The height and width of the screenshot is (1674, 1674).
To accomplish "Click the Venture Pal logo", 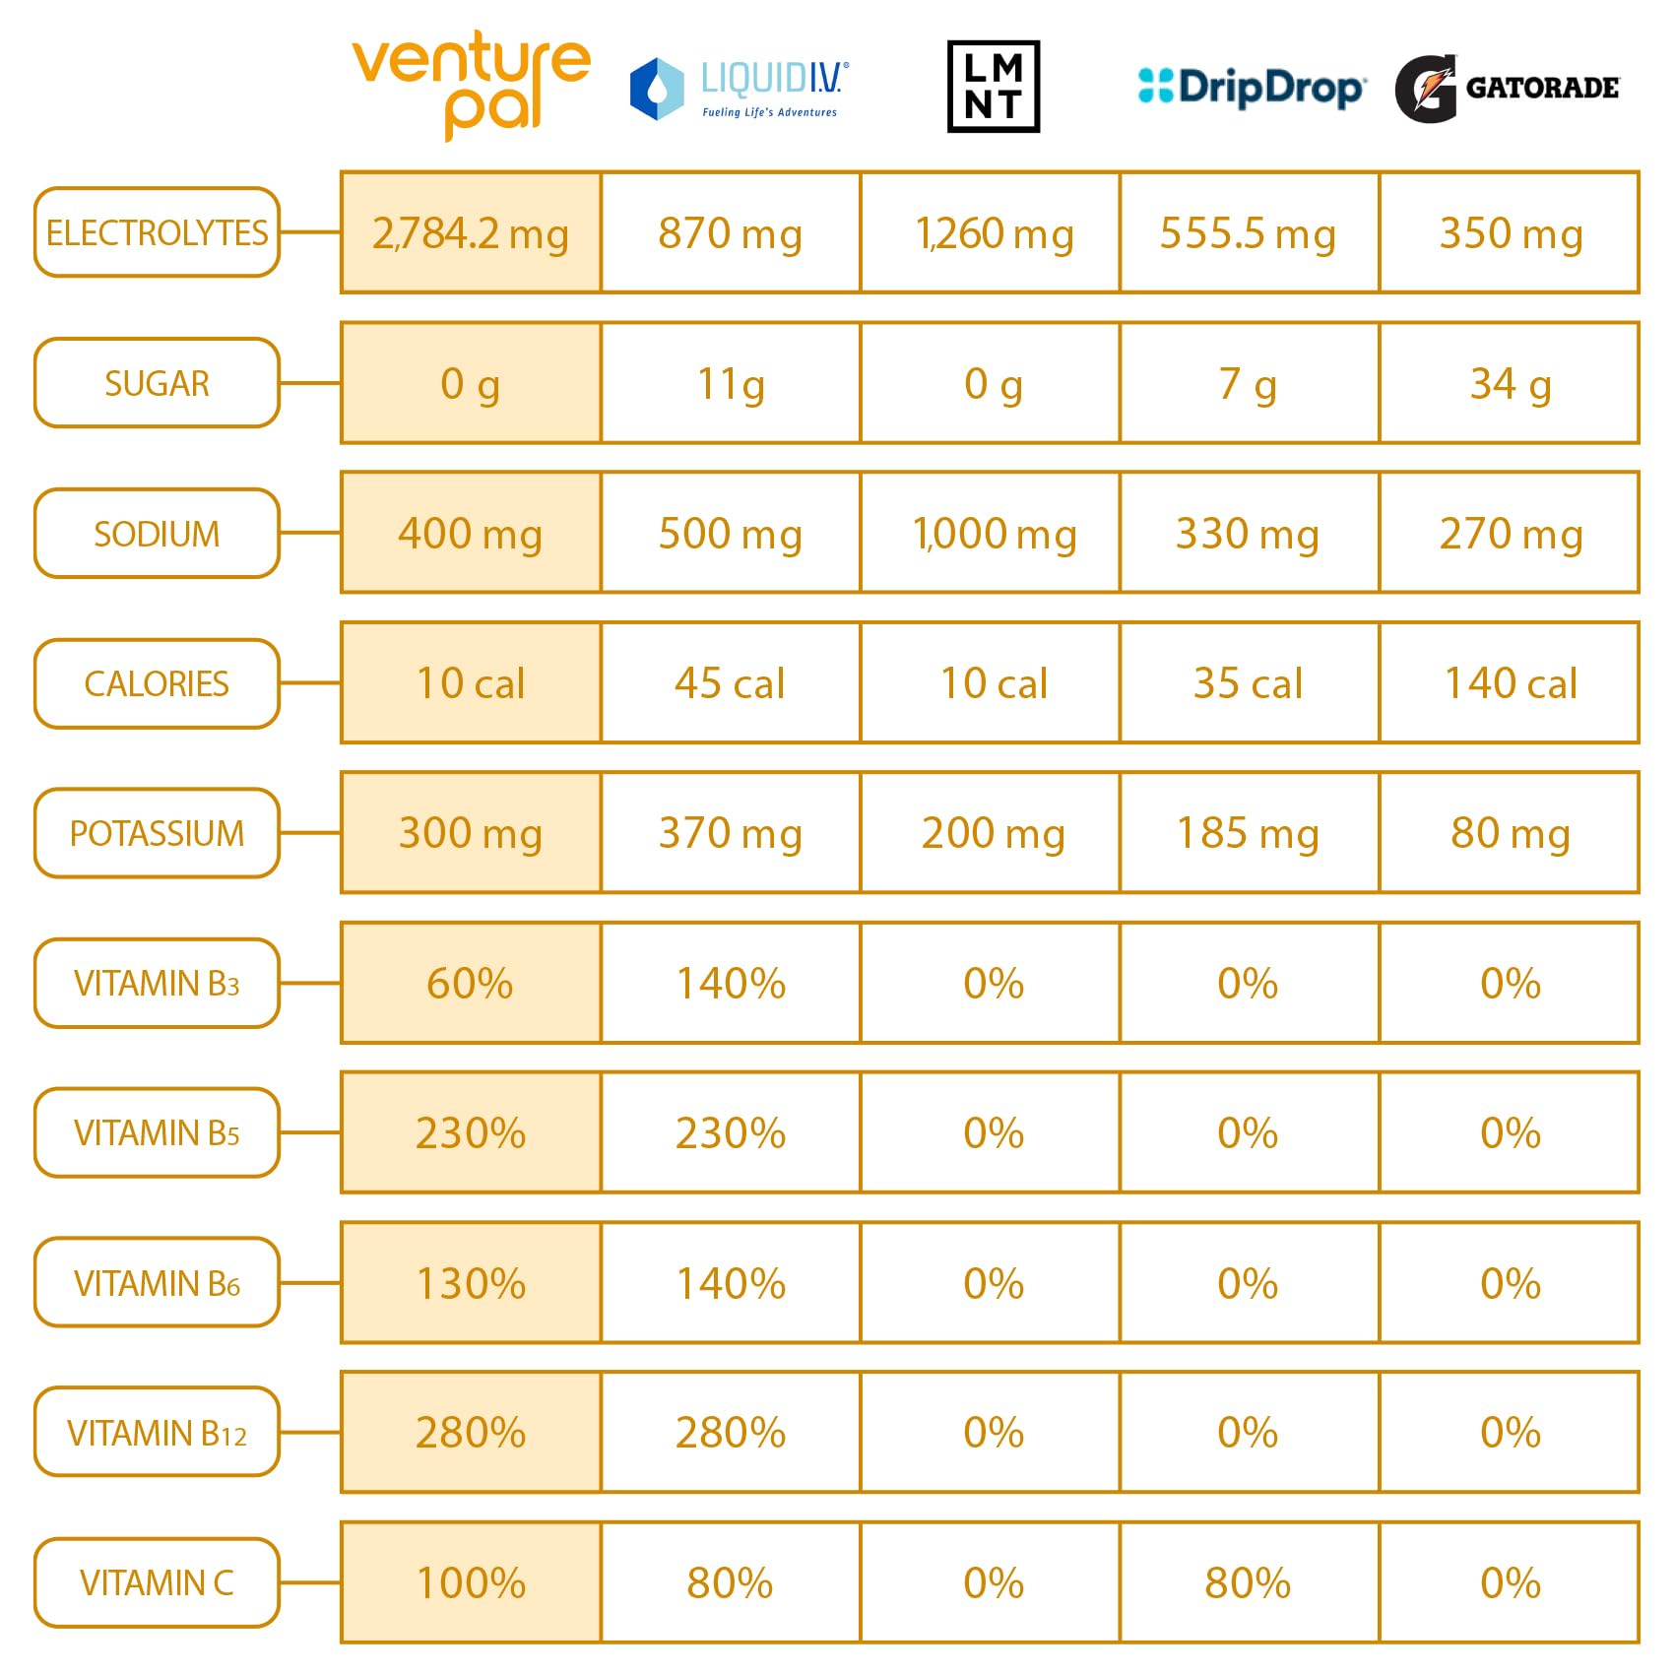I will [471, 85].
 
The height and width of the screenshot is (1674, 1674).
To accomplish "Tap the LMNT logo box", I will [993, 87].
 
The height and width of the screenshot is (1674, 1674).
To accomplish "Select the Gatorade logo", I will [1507, 89].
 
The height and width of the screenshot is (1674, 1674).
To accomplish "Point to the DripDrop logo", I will [1251, 87].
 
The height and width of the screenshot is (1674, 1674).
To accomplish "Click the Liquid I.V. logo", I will [740, 89].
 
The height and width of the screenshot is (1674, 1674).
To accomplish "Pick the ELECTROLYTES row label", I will [157, 232].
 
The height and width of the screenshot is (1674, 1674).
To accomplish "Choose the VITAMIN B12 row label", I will [157, 1432].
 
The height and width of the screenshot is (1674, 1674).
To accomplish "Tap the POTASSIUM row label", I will [157, 833].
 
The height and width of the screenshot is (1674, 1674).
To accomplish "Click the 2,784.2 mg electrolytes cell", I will [471, 233].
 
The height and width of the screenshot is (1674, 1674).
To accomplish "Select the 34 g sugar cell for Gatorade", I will [1510, 383].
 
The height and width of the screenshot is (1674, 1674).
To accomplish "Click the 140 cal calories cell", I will [1510, 682].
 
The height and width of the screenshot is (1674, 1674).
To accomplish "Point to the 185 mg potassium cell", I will [1249, 833].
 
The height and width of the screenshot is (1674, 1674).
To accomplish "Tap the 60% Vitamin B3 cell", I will [471, 983].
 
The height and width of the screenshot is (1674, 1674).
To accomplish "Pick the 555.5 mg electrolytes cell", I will [1249, 233].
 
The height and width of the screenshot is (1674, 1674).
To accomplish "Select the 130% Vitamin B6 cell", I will [471, 1282].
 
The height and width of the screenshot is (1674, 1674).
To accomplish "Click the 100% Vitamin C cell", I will [471, 1582].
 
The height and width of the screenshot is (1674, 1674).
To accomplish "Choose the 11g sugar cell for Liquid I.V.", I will [731, 383].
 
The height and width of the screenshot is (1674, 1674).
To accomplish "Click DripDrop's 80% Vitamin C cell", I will [1249, 1582].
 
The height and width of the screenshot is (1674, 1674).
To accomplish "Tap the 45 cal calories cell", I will [731, 682].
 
